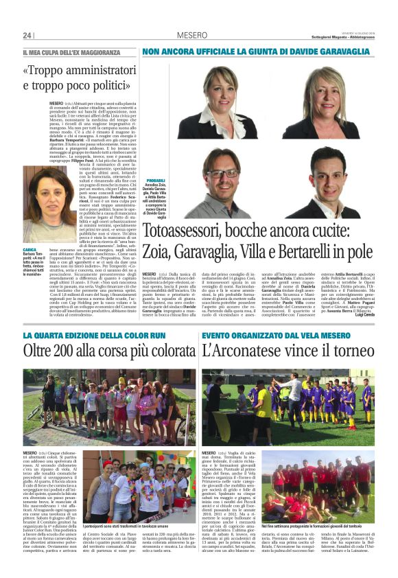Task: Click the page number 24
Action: pos(28,35)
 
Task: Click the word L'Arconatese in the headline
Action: pos(245,351)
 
